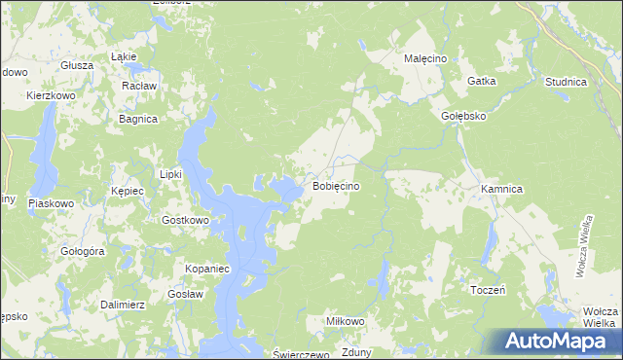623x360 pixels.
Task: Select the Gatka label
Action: coord(482,82)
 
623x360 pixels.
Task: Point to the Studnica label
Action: coord(566,83)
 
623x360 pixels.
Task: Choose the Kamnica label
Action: coord(502,187)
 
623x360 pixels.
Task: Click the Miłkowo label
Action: coord(345,320)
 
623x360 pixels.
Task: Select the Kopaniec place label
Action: coord(206,268)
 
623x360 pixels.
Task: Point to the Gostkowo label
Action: coord(185,220)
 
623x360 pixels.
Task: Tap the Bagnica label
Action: coord(137,119)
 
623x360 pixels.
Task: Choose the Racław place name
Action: coord(139,86)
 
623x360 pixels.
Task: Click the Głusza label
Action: coord(76,65)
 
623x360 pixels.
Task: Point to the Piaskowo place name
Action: coord(52,203)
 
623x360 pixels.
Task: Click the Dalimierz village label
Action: coord(123,305)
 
